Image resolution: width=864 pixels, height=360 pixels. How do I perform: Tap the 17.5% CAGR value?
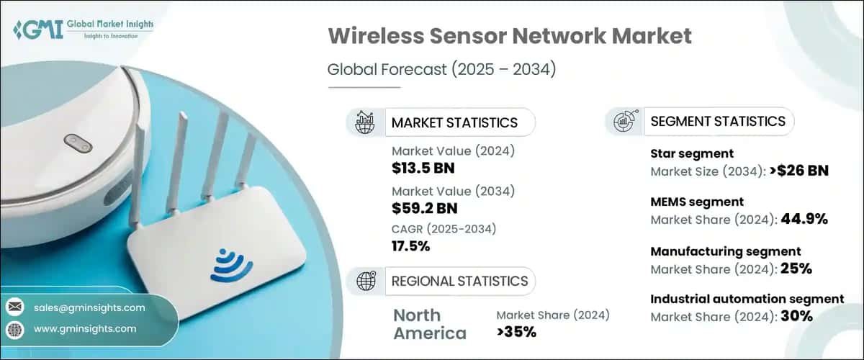coord(411,247)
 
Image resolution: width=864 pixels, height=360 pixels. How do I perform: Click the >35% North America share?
coord(516,332)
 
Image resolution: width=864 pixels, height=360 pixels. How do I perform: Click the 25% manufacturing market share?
coord(796,269)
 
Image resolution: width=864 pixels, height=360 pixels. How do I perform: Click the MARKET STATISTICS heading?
coord(454,122)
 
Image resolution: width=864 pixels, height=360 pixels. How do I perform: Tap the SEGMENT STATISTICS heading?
coord(718,121)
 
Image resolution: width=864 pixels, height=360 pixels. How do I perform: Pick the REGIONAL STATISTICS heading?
coord(459,281)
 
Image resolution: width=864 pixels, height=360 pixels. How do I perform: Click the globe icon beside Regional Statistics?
coord(366,281)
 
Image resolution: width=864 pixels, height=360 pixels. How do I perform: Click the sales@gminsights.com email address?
coord(89,307)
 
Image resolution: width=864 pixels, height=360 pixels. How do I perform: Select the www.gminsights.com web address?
coord(85,328)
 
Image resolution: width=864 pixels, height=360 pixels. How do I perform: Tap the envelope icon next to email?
coord(14,308)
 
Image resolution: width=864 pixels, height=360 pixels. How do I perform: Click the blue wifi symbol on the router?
coord(232,264)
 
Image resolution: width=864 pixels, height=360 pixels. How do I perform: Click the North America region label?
coord(430,324)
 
